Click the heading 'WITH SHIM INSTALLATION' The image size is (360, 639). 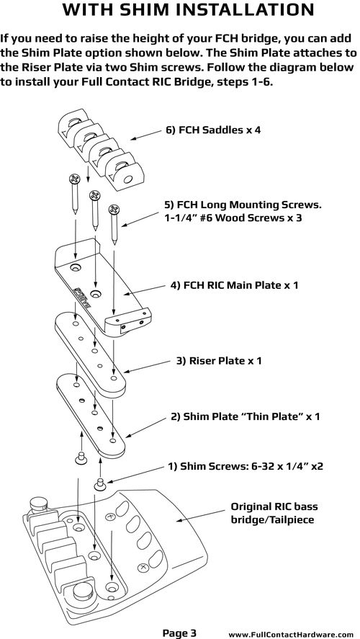click(x=188, y=10)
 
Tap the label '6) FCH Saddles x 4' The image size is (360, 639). click(x=213, y=130)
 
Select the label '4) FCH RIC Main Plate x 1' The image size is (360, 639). click(x=234, y=285)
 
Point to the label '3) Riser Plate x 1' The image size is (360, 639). click(x=219, y=361)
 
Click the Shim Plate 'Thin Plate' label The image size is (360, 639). click(x=246, y=416)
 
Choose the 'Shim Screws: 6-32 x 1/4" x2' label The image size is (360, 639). click(x=246, y=466)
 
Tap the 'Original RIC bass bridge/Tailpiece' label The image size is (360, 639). click(x=274, y=514)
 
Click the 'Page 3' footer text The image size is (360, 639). click(x=179, y=633)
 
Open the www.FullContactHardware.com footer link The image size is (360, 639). click(x=290, y=635)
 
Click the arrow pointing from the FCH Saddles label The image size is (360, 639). click(x=145, y=135)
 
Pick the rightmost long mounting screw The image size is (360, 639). click(x=114, y=225)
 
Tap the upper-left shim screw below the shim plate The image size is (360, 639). click(x=81, y=457)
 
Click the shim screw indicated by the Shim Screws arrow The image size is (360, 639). click(x=100, y=485)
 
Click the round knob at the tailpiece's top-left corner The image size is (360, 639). click(x=39, y=504)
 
